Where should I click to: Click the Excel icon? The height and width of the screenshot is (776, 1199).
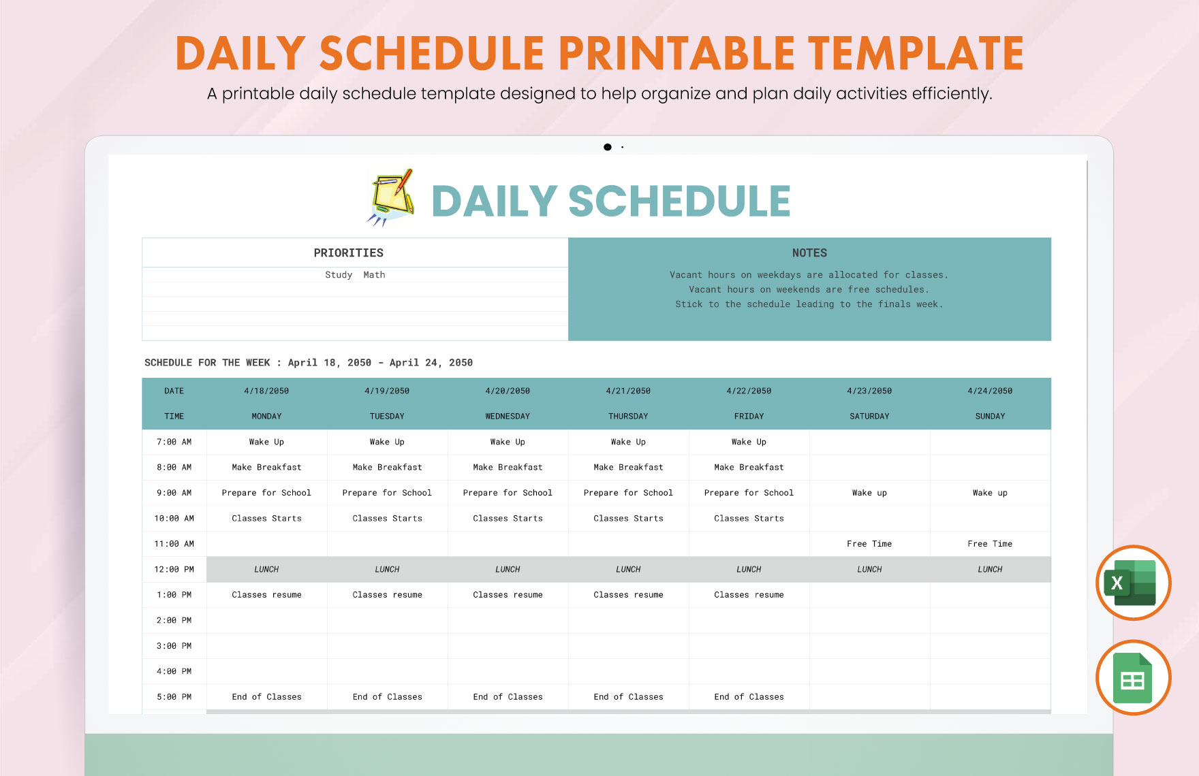click(1133, 583)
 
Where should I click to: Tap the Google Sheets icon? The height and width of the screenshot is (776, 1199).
click(1133, 678)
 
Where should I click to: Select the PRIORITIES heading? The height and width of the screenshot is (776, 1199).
click(348, 253)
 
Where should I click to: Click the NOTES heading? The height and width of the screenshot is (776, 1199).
click(809, 253)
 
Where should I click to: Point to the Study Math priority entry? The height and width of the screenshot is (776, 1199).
click(355, 275)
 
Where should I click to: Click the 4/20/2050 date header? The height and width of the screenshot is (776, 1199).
click(508, 391)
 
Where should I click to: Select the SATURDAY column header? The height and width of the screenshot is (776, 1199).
click(869, 416)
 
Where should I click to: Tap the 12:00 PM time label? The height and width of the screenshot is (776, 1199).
click(174, 569)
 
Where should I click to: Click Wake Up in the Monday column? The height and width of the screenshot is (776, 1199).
click(266, 442)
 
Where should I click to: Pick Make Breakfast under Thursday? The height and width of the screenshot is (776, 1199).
click(628, 467)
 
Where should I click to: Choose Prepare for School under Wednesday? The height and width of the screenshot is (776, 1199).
click(508, 493)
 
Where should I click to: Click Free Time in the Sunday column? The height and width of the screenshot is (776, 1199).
click(990, 544)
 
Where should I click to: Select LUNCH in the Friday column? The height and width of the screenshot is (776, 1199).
click(749, 569)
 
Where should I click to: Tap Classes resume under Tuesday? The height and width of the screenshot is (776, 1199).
click(387, 595)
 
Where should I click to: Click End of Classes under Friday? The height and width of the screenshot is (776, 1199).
click(749, 697)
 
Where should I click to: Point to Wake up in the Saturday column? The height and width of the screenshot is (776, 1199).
click(869, 493)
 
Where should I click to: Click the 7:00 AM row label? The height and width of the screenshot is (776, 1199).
click(174, 442)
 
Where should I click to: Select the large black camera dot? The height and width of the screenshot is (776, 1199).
click(608, 147)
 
